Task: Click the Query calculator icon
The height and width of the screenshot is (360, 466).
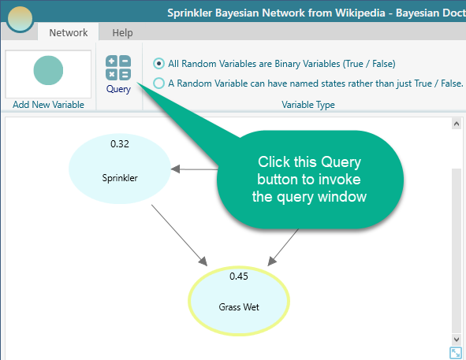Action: click(x=118, y=68)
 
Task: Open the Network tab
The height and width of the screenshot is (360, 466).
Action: click(x=69, y=32)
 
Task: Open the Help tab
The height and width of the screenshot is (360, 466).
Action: click(x=122, y=32)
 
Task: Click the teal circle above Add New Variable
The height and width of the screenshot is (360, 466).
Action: click(x=48, y=70)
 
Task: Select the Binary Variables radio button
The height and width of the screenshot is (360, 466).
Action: click(x=158, y=64)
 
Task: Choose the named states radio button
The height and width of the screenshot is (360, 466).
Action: click(x=158, y=84)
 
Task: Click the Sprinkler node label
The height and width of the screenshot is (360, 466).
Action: click(x=120, y=178)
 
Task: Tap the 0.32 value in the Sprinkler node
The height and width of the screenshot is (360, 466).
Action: click(x=120, y=144)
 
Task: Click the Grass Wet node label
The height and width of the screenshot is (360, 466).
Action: click(x=239, y=307)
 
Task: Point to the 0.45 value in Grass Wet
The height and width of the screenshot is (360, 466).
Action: click(x=239, y=276)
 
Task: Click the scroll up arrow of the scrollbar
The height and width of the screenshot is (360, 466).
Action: click(x=457, y=124)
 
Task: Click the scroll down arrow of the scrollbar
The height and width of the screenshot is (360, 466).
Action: click(x=457, y=340)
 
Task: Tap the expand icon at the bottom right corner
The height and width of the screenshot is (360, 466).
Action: click(x=455, y=353)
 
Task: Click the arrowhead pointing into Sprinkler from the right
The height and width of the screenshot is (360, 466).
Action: click(x=175, y=169)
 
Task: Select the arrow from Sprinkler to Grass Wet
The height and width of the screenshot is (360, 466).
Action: click(x=179, y=235)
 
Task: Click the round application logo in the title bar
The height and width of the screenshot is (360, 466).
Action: click(x=20, y=18)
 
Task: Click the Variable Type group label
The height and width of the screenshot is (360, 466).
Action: click(x=308, y=105)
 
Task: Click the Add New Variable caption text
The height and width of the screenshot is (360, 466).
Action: click(x=48, y=105)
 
